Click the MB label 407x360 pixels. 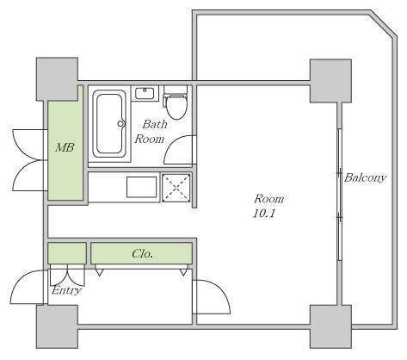pos(65,147)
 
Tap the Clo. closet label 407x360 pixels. pos(142,253)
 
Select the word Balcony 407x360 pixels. pos(365,177)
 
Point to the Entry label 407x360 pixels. pos(66,290)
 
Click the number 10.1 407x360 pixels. pos(264,214)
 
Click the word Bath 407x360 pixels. pos(155,124)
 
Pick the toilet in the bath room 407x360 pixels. pos(176,102)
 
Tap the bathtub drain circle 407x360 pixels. pos(121,124)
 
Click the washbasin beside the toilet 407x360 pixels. pos(145,93)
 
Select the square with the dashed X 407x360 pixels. pos(176,188)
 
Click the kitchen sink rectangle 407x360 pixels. pos(142,187)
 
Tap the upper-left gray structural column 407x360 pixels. pos(57,79)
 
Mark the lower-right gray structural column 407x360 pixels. pos(330,326)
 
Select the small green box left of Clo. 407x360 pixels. pos(67,253)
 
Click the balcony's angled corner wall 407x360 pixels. pos(383,24)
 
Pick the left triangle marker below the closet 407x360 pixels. pos(99,272)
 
